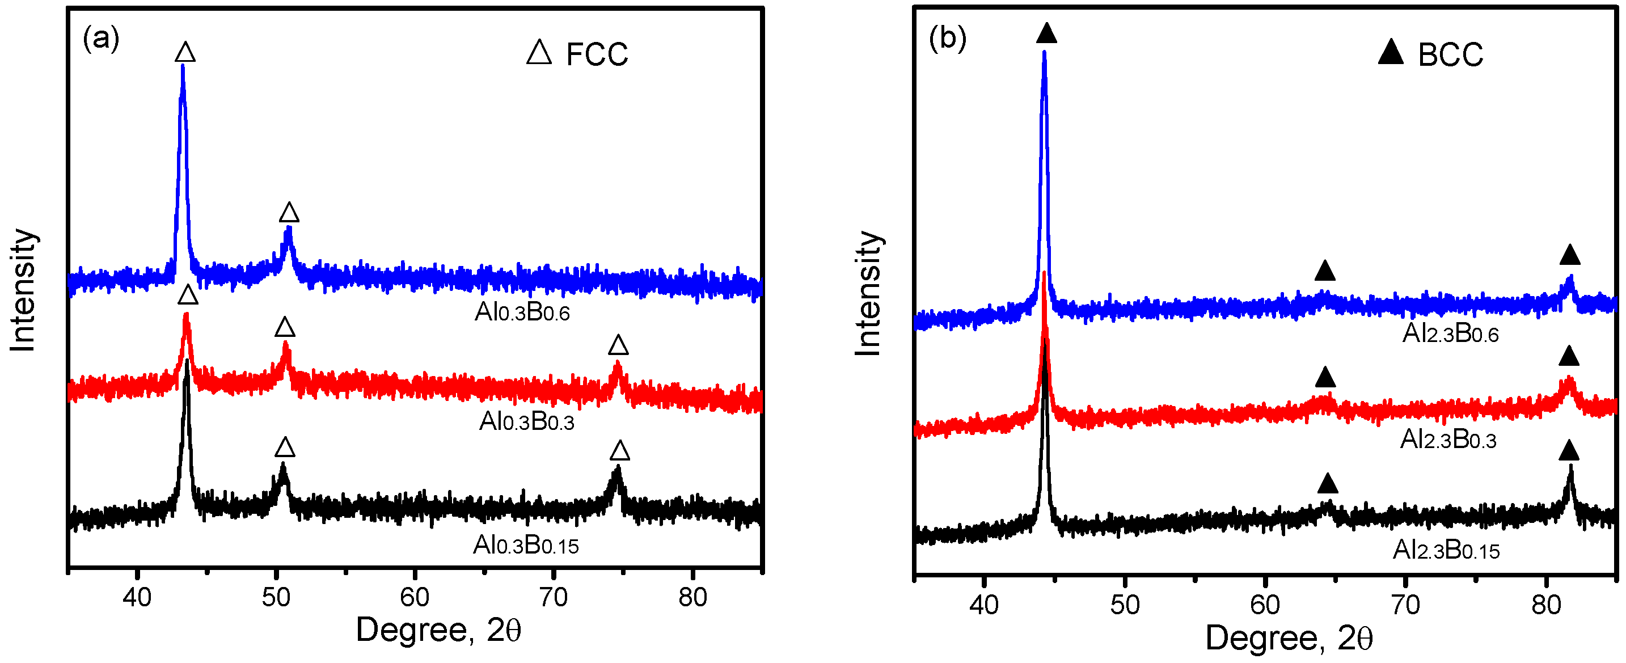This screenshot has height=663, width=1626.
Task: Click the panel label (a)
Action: click(101, 39)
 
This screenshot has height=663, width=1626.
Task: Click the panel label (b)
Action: click(947, 39)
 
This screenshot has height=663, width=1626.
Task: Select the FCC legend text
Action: click(597, 54)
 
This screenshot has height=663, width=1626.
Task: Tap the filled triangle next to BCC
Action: click(1390, 52)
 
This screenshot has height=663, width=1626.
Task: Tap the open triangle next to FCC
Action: click(539, 53)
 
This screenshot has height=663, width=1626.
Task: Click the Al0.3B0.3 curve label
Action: click(526, 420)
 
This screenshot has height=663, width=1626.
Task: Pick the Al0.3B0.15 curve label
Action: click(525, 545)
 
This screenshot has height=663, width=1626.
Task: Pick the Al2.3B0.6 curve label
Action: click(1450, 333)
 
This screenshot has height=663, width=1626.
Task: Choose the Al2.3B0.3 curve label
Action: click(1448, 439)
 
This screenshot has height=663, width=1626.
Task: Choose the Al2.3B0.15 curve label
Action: click(1446, 550)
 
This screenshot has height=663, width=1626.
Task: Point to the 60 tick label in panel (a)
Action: click(415, 597)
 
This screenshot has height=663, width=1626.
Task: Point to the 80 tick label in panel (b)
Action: click(1547, 605)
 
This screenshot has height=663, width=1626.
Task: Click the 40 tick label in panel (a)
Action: click(137, 597)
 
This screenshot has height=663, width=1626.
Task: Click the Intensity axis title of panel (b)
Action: click(868, 294)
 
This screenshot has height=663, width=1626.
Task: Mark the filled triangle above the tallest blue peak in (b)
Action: click(1046, 33)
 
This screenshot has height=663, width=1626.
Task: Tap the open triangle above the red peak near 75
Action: click(618, 345)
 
